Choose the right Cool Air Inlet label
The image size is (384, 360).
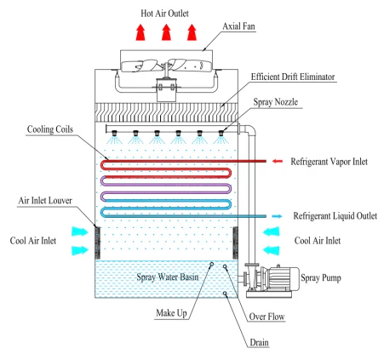coord(320,241)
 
